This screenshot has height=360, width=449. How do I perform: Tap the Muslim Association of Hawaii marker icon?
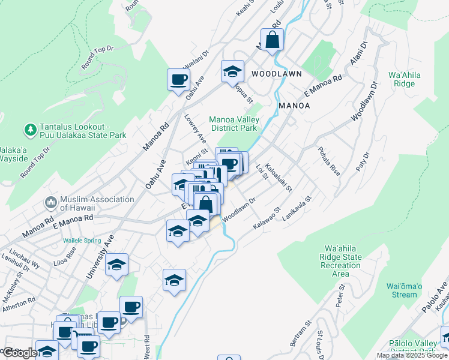pyautogui.click(x=51, y=202)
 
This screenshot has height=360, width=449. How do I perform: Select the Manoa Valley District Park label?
pyautogui.click(x=233, y=124)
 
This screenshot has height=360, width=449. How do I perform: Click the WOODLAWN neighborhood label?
pyautogui.click(x=276, y=73)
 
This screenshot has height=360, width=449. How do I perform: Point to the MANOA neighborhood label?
pyautogui.click(x=294, y=106)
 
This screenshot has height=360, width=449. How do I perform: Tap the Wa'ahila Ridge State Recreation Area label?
pyautogui.click(x=342, y=261)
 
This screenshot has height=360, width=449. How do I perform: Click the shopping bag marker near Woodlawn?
pyautogui.click(x=272, y=41)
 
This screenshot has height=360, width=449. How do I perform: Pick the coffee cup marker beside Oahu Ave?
pyautogui.click(x=179, y=80)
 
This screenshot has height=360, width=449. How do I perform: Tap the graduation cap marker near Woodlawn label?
pyautogui.click(x=232, y=71)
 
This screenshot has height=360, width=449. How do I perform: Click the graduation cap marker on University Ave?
pyautogui.click(x=117, y=265)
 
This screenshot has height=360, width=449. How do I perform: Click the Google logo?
pyautogui.click(x=20, y=353)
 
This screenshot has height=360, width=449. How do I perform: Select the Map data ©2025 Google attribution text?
pyautogui.click(x=412, y=355)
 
